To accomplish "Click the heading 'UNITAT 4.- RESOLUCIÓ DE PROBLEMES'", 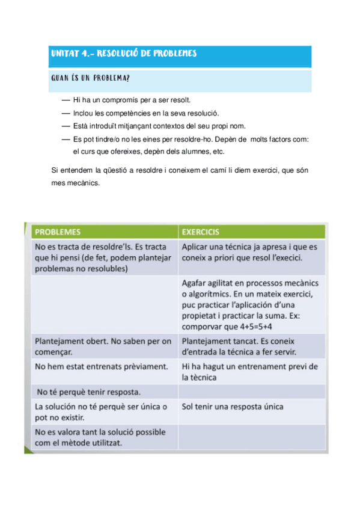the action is (124, 54).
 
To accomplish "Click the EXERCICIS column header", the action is (201, 232).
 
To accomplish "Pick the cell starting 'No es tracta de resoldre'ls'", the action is (102, 257).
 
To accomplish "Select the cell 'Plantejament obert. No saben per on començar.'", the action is (102, 346).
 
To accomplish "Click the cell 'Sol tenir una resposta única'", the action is (232, 407).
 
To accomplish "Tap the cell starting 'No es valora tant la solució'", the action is (102, 437).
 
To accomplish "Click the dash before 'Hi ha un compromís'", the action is (66, 100).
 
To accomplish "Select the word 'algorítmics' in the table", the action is (210, 293).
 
